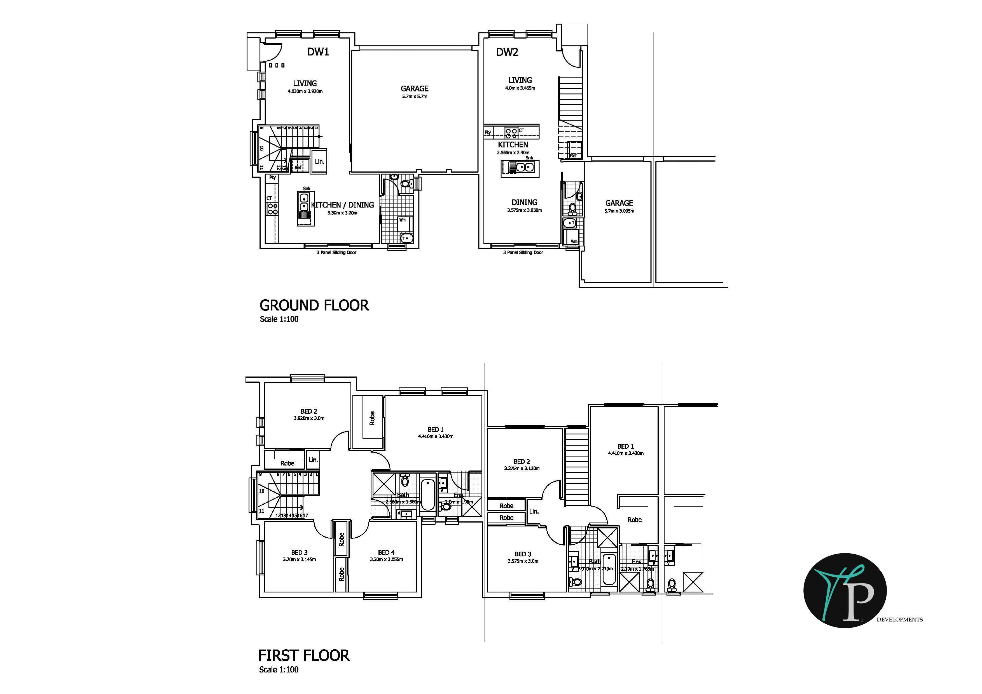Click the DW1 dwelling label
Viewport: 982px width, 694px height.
[x=318, y=52]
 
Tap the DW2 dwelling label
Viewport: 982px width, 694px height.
[x=507, y=52]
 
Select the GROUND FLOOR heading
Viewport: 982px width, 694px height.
[x=314, y=305]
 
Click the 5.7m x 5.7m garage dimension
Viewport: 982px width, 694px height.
[x=415, y=97]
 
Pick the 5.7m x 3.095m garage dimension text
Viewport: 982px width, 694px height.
[x=619, y=211]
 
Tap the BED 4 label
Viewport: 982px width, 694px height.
[x=386, y=552]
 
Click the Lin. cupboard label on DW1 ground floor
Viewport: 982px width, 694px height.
[x=319, y=161]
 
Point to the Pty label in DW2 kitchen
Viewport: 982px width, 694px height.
[x=488, y=133]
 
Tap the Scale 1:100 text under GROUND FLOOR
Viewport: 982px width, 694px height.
[x=279, y=319]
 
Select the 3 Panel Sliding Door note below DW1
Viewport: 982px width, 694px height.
[x=336, y=253]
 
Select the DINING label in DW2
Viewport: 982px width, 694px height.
[x=524, y=202]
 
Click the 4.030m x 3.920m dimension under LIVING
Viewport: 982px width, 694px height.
[x=305, y=91]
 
